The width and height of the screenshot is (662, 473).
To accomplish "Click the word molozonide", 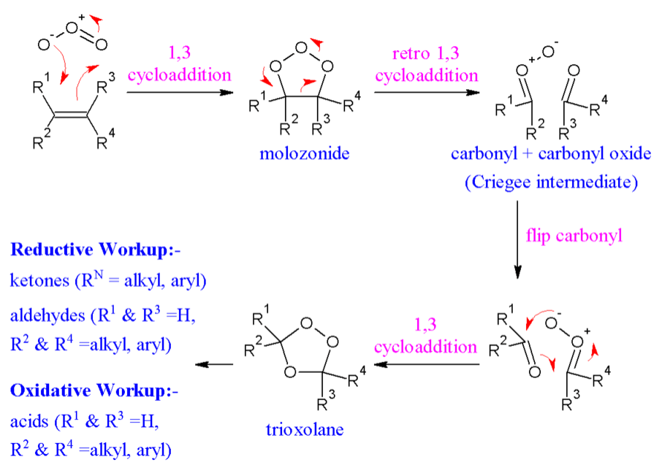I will coord(305,154).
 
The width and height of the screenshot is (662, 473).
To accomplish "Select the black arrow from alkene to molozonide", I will coord(180,92).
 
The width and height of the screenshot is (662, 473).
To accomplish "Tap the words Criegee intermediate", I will coord(548,182).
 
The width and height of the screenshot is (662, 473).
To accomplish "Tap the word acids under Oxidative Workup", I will coord(28,422).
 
